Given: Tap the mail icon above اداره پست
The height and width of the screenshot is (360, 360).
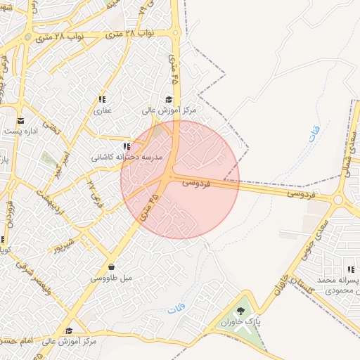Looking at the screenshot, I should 20,120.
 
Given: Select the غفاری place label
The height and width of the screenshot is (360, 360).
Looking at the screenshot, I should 103,110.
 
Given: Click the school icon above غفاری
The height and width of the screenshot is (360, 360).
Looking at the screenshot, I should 102,100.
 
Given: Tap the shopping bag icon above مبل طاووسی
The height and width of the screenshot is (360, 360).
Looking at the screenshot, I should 112,266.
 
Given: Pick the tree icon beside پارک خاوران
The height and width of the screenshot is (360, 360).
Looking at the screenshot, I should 241,311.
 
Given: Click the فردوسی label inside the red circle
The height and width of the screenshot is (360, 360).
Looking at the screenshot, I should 196,182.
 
